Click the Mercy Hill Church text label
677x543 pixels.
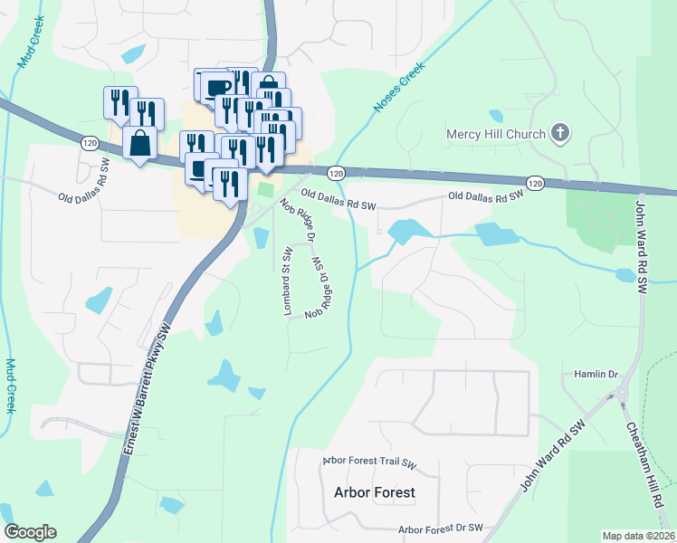(x=496, y=135)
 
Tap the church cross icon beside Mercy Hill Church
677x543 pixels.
(x=560, y=134)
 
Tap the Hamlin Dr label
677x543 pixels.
(x=595, y=374)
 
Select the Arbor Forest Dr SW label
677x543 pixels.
(x=442, y=529)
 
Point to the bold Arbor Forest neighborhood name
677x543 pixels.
(x=375, y=493)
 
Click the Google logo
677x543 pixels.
(x=30, y=532)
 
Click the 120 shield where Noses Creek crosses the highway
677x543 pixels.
(x=336, y=173)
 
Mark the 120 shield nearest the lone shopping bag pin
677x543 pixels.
(x=89, y=143)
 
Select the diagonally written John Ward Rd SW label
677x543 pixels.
(x=554, y=455)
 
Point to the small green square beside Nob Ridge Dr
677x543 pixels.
(x=264, y=189)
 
